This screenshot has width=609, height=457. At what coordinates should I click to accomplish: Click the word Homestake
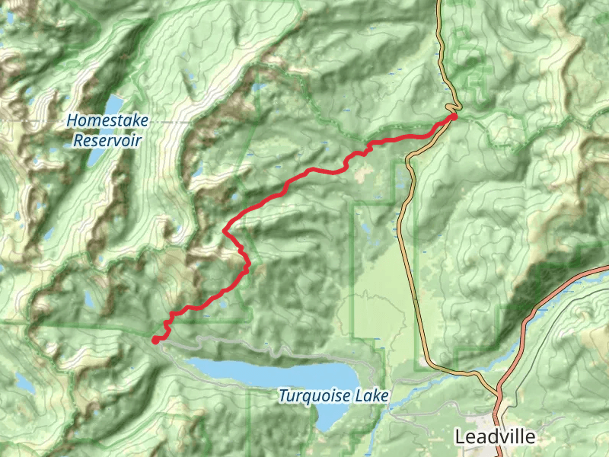(x=107, y=120)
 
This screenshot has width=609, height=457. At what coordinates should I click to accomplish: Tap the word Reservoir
(x=107, y=140)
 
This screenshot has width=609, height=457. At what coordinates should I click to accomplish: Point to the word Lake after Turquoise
(x=374, y=396)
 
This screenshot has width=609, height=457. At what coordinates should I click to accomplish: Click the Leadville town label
(x=495, y=437)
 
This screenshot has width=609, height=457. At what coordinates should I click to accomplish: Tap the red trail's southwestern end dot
(x=155, y=340)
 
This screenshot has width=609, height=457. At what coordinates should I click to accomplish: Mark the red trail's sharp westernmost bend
(x=224, y=229)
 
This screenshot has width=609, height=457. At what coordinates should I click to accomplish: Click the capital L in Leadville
(x=460, y=437)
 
